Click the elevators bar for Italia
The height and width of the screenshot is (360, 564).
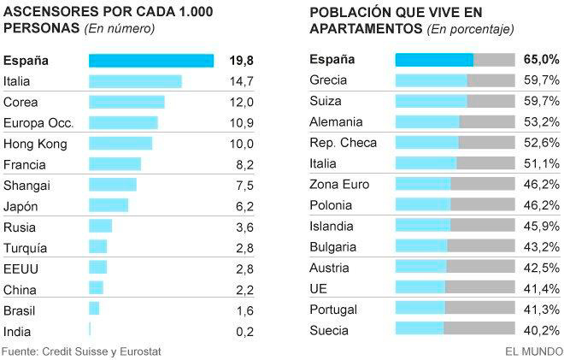click(x=135, y=81)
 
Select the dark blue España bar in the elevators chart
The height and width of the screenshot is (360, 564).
click(x=151, y=60)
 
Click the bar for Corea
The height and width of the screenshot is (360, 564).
click(x=126, y=102)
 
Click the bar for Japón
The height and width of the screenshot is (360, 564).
click(x=109, y=206)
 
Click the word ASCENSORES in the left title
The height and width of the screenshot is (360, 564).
click(x=48, y=11)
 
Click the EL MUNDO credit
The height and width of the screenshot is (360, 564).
click(x=533, y=351)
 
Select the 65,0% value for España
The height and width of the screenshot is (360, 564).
click(x=542, y=60)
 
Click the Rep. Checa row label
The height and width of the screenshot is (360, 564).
click(x=342, y=143)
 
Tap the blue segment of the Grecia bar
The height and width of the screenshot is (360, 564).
click(x=431, y=81)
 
